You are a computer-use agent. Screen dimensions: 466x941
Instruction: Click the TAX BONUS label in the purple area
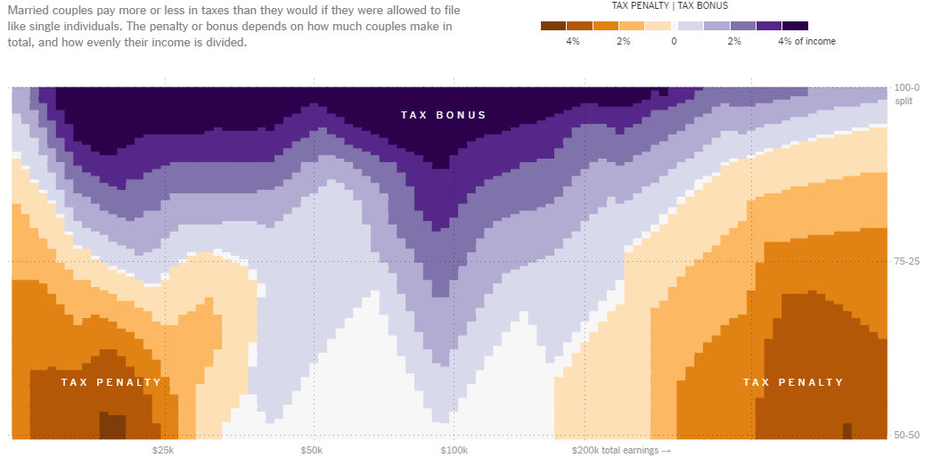coord(443,115)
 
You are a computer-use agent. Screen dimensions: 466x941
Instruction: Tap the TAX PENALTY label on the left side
coord(111,382)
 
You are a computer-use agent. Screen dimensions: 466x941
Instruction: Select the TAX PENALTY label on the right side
coord(793,382)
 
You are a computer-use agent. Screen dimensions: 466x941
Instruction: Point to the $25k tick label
coord(163,451)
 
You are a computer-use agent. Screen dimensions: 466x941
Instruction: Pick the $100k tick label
coord(454,451)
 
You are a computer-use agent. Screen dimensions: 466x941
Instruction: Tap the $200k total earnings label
coord(620,451)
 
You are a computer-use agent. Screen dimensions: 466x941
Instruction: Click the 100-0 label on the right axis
coord(908,88)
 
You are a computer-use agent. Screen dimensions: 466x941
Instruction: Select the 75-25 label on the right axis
coord(908,261)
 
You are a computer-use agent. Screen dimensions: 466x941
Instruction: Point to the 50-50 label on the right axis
coord(908,435)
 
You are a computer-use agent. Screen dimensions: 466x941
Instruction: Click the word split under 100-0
coord(904,101)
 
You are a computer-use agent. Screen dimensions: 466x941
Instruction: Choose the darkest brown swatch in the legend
coord(553,26)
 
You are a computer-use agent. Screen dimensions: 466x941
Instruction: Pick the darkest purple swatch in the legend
coord(795,26)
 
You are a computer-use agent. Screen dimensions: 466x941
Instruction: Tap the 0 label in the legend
coord(674,41)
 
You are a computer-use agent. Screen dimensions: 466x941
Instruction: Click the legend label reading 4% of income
coord(806,41)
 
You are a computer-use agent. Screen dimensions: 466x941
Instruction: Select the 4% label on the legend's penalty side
coord(573,41)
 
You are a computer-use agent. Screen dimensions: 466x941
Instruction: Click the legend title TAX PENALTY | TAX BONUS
coord(669,5)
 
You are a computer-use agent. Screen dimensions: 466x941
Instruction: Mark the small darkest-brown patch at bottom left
coord(112,426)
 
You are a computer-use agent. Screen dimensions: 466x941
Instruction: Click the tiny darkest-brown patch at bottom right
coord(847,431)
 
